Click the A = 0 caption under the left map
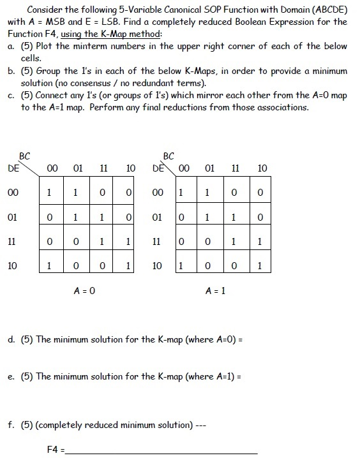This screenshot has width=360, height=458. [x=86, y=290]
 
